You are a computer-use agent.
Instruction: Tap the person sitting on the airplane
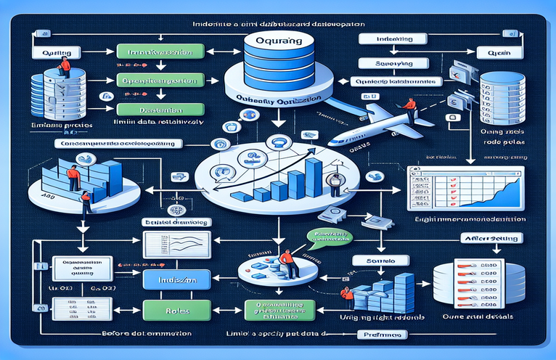click(411, 109)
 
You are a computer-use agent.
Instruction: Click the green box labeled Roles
click(177, 308)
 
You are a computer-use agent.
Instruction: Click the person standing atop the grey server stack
click(65, 67)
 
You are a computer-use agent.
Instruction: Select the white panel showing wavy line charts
click(177, 244)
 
